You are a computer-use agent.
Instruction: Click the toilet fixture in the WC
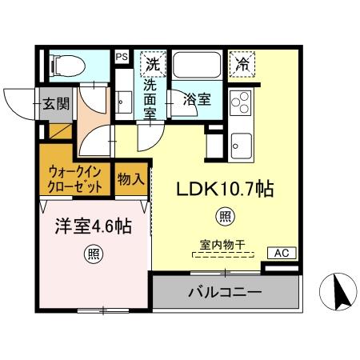click(x=64, y=64)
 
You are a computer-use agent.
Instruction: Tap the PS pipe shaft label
click(x=122, y=57)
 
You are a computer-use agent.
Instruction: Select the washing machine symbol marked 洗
click(x=151, y=62)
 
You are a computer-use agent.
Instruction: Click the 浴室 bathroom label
click(x=197, y=100)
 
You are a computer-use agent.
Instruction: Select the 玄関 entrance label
click(x=57, y=102)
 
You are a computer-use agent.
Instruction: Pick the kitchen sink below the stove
click(x=241, y=146)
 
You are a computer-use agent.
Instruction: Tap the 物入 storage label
click(x=130, y=178)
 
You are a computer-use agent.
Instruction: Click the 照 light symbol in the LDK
click(x=226, y=216)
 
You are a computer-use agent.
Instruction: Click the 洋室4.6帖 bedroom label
click(x=94, y=226)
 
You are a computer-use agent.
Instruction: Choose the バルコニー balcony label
click(x=225, y=293)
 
